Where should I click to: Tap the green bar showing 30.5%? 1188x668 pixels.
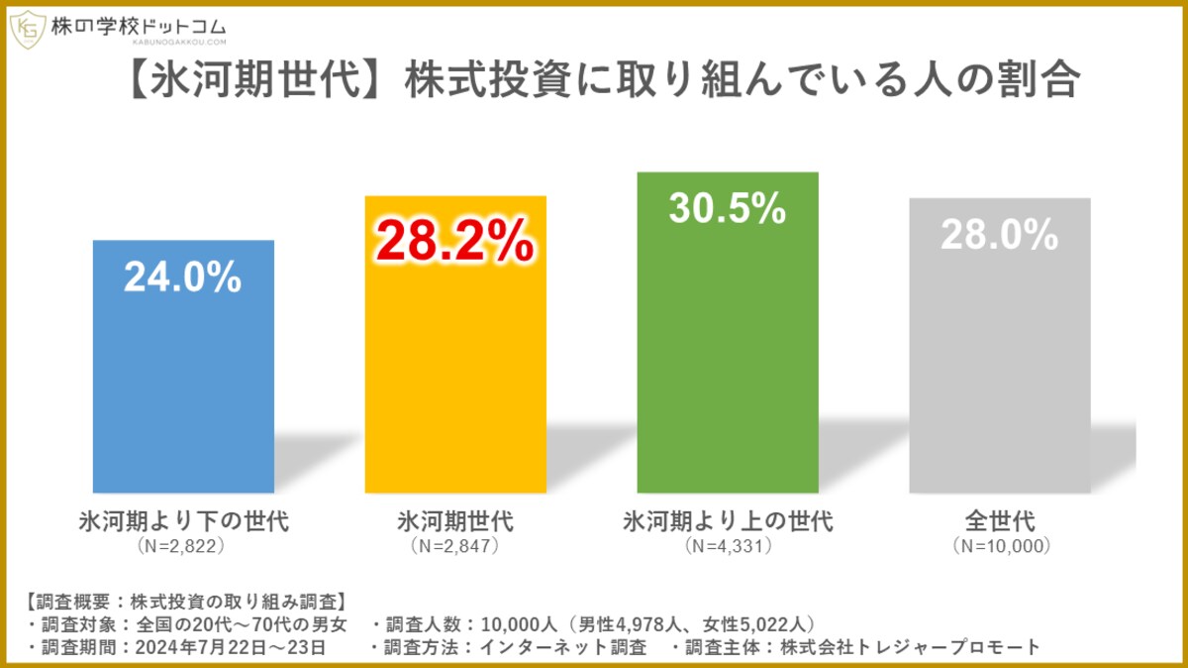point(728,367)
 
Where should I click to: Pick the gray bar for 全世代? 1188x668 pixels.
point(1000,377)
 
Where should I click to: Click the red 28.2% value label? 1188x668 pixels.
point(455,243)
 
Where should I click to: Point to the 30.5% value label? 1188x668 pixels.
point(728,208)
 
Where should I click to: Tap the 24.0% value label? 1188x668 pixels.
point(183,278)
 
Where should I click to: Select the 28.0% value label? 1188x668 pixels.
point(1000,236)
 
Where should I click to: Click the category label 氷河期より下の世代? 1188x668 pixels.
point(183,520)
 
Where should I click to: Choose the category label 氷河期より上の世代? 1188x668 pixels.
point(728,520)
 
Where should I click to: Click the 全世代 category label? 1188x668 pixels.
point(1000,520)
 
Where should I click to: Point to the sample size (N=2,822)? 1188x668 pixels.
point(183,546)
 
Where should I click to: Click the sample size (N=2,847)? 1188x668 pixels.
point(455,546)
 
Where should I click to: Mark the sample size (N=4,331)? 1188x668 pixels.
point(728,546)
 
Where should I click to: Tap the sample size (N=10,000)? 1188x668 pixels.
point(1000,546)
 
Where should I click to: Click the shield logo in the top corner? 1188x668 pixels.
point(26,29)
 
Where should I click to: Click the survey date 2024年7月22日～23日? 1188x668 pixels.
point(238,647)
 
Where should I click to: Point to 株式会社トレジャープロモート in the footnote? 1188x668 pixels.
point(910,647)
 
